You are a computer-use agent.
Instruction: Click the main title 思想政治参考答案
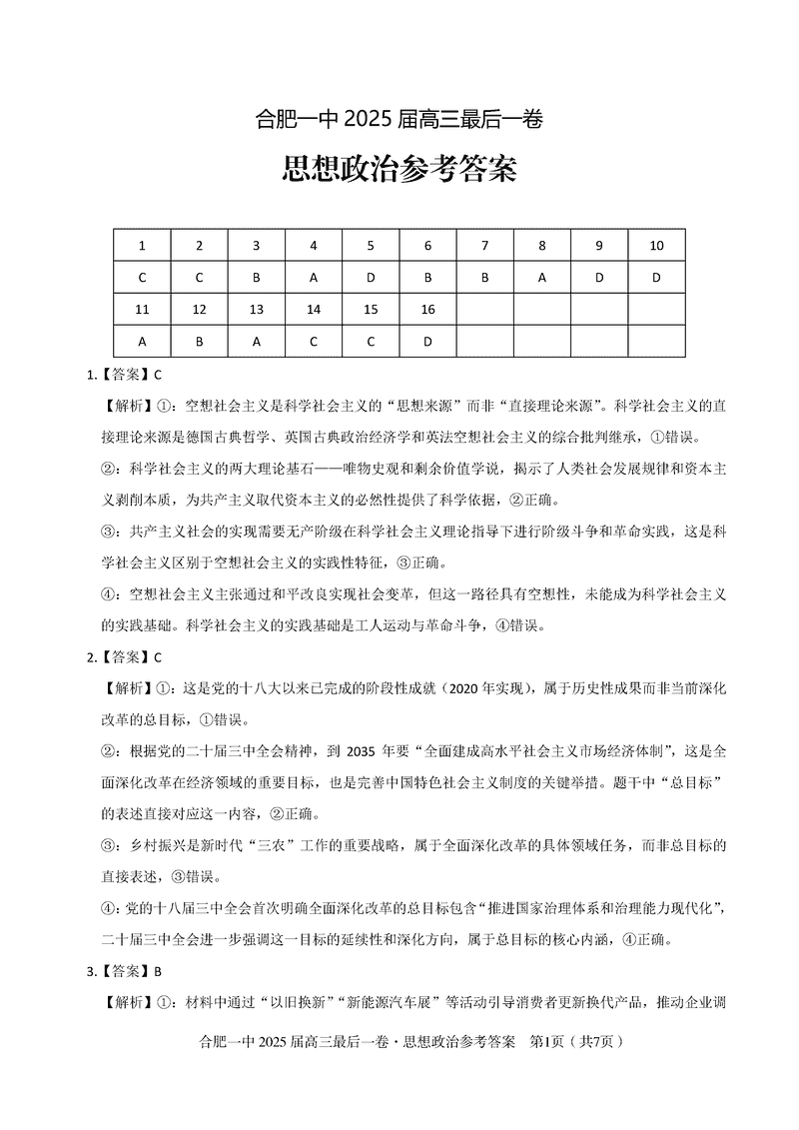pyautogui.click(x=399, y=169)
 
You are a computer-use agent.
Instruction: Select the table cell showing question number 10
pyautogui.click(x=656, y=246)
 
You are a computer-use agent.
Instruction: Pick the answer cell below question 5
pyautogui.click(x=371, y=278)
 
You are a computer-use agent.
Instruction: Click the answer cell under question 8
pyautogui.click(x=542, y=278)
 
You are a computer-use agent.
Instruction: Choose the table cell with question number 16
pyautogui.click(x=427, y=310)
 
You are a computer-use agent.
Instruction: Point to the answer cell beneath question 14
pyautogui.click(x=314, y=341)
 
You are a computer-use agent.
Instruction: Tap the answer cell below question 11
pyautogui.click(x=142, y=341)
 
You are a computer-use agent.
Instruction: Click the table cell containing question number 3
pyautogui.click(x=257, y=246)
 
